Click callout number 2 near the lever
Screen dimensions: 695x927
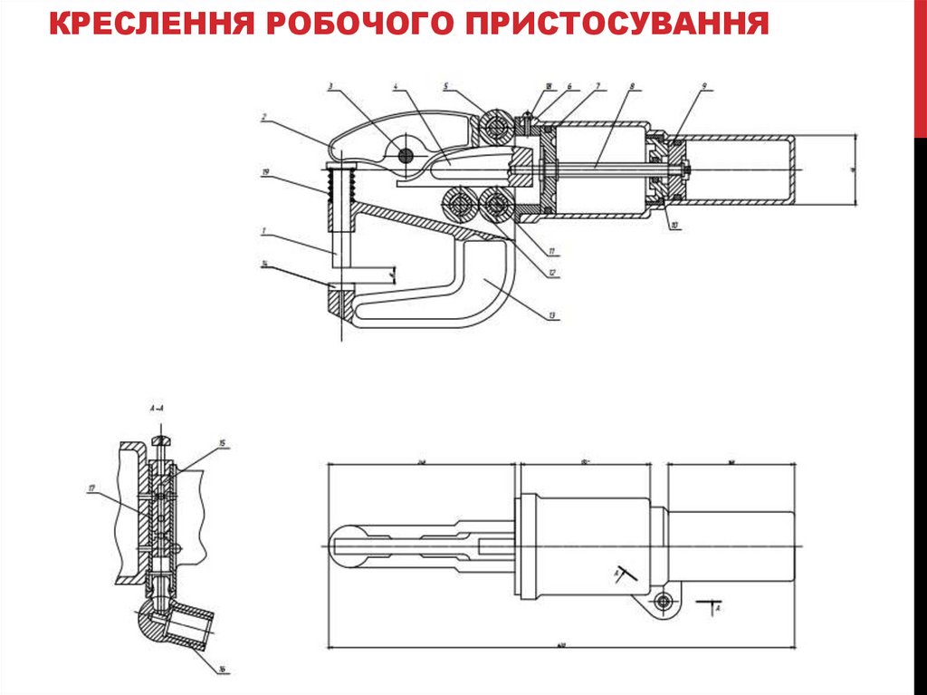[x=263, y=117]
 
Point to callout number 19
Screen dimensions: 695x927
[x=265, y=170]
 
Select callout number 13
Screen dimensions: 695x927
[x=550, y=316]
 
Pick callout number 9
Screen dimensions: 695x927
[x=703, y=88]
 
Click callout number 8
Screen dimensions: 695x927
[x=632, y=88]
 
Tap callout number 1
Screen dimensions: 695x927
[x=263, y=231]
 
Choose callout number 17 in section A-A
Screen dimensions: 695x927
[x=91, y=488]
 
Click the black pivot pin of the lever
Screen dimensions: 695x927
[x=405, y=157]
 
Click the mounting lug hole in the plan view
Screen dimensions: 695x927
[x=664, y=602]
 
